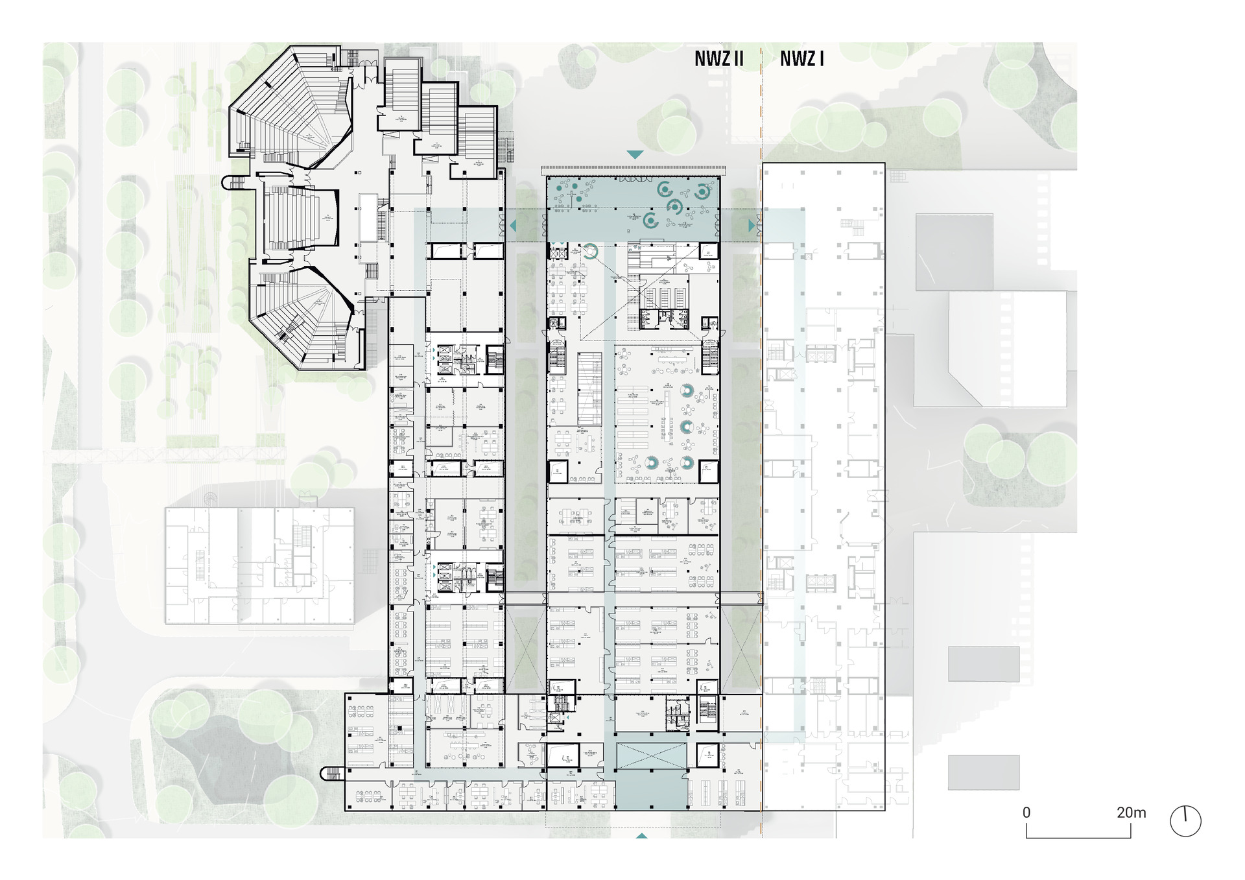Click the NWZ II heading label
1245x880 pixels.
tap(718, 60)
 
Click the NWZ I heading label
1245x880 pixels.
tap(801, 60)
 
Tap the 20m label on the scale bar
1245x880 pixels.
tap(1131, 813)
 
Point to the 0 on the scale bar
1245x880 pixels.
tap(1026, 813)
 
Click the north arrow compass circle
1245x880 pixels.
tap(1185, 822)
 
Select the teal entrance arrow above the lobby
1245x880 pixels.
tap(635, 154)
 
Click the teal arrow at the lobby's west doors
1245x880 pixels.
tap(514, 226)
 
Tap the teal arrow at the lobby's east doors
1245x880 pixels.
tap(752, 226)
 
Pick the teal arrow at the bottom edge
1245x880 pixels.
tap(641, 837)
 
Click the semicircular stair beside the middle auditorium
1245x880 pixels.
tap(229, 184)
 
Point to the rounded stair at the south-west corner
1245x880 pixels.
tap(329, 773)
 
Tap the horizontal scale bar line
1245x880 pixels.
tap(1078, 837)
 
